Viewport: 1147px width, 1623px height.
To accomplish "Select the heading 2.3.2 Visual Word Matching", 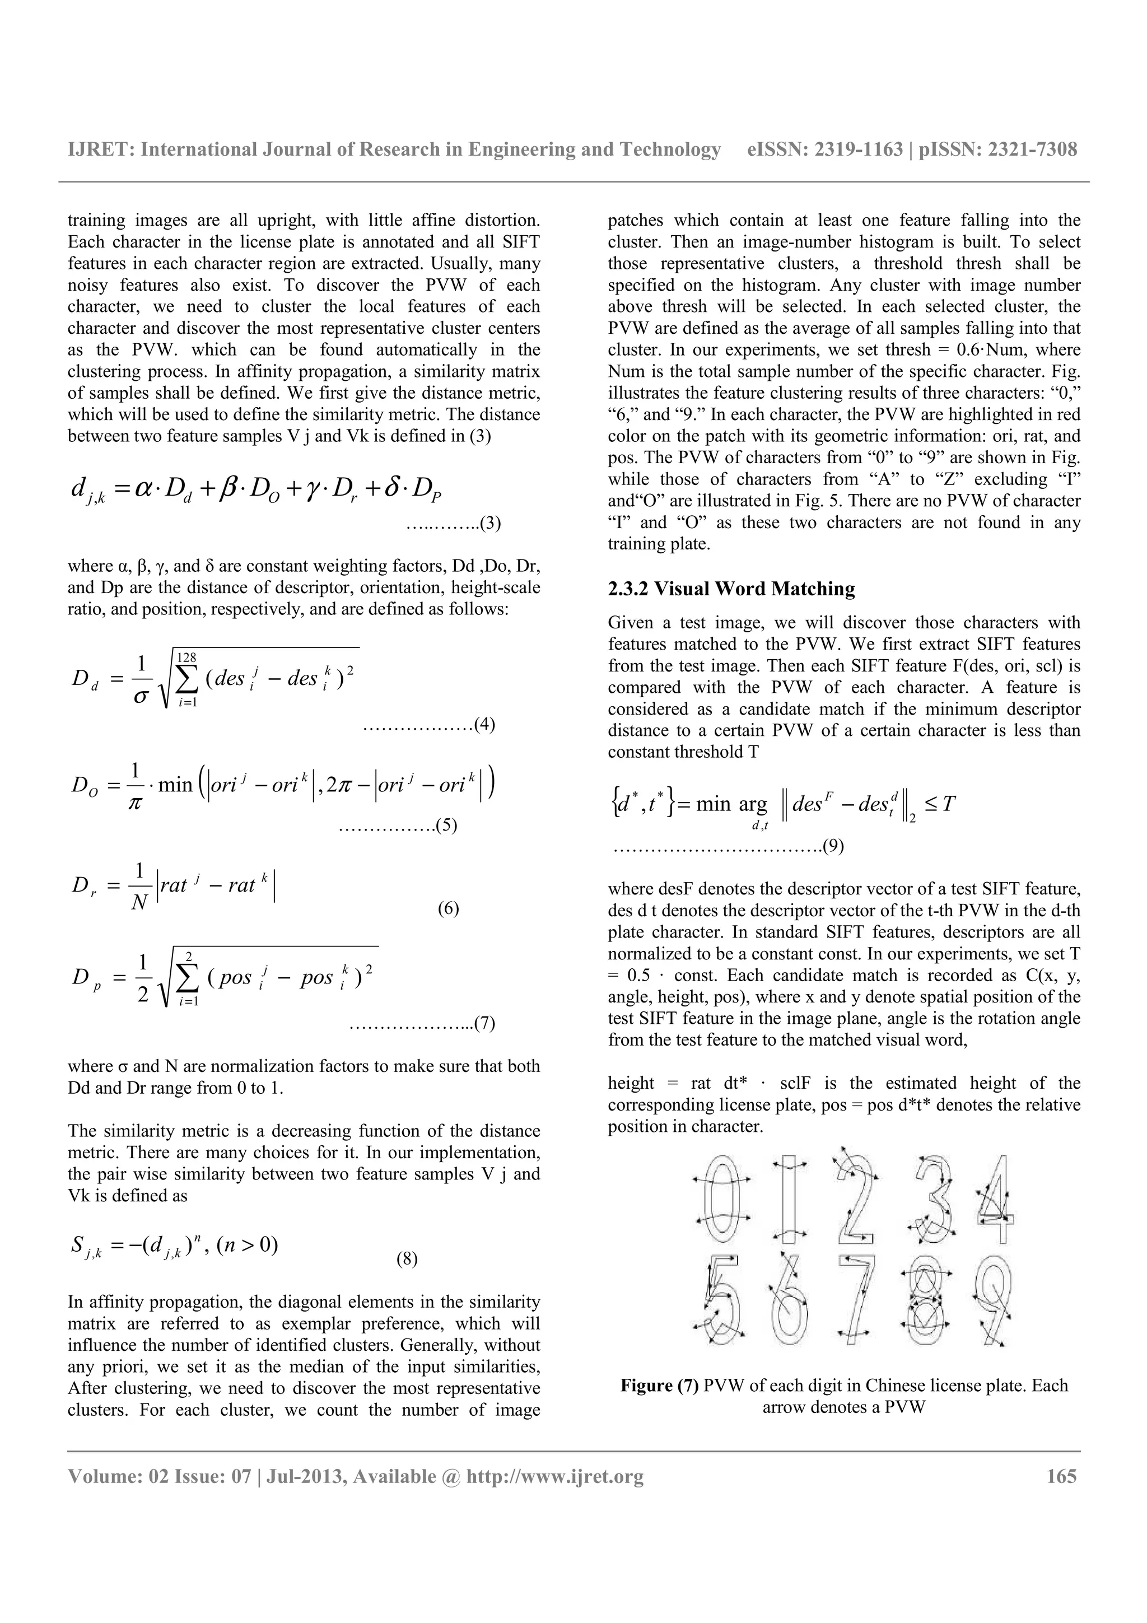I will (731, 589).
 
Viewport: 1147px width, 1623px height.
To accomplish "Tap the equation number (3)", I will (491, 523).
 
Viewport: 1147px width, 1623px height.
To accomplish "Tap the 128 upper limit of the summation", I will (186, 657).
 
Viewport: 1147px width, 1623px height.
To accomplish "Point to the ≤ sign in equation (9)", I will (927, 804).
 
